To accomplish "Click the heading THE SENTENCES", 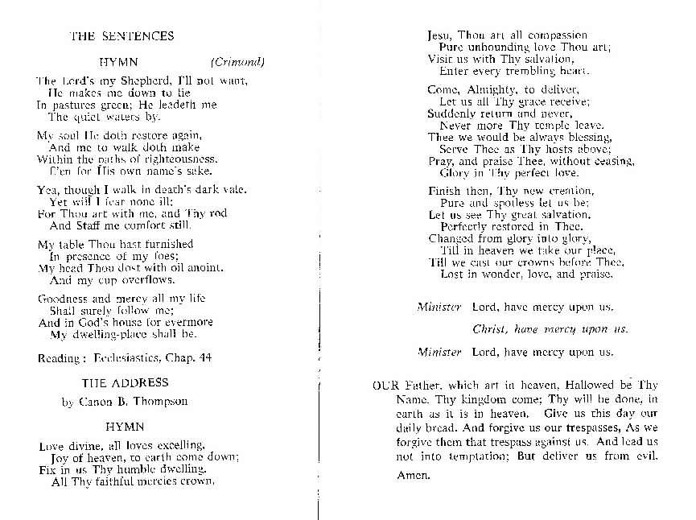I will coord(121,36).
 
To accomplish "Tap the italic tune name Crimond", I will coord(238,62).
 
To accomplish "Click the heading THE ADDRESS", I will coord(125,382).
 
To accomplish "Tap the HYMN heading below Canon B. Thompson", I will coord(125,427).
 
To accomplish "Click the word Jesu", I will coord(439,36).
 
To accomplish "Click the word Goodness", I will coord(63,299).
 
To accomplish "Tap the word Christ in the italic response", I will coord(491,329).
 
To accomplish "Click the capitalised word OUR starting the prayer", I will coord(385,386).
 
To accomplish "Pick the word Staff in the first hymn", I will coord(90,225).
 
